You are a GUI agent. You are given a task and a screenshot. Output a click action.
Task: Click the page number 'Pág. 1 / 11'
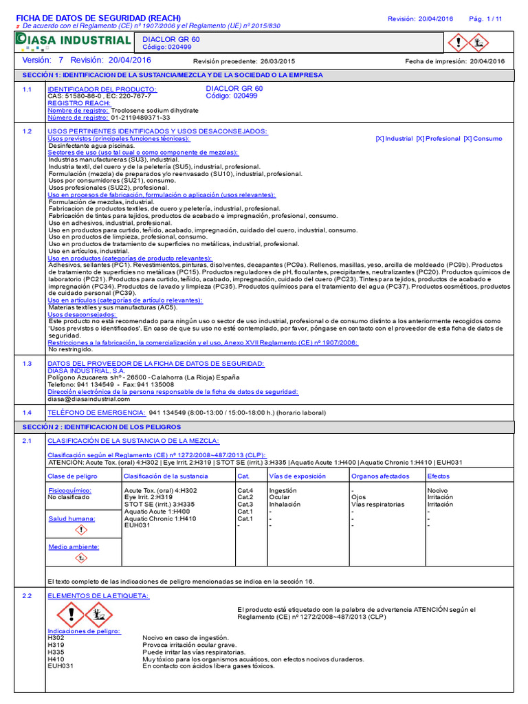point(485,19)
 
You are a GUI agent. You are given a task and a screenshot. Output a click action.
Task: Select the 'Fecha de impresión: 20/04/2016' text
point(454,61)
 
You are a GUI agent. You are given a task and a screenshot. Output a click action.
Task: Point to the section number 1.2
point(27,131)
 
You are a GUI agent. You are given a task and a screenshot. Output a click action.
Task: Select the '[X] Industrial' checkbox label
point(394,139)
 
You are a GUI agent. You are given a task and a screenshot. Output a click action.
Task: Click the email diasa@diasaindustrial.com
point(89,399)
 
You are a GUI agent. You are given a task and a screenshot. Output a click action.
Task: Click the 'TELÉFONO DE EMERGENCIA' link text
point(96,412)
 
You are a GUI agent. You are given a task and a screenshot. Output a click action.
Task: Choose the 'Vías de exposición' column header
point(296,476)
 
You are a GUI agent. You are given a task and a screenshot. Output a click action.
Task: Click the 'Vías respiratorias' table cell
point(377,504)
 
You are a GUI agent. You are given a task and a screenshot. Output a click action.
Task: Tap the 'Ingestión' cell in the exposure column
point(283,490)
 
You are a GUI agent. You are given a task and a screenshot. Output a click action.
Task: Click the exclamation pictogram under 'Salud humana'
point(80,530)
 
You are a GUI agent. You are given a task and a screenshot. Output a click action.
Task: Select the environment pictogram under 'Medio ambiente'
point(80,558)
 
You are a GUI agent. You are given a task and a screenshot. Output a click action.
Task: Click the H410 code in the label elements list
point(56,659)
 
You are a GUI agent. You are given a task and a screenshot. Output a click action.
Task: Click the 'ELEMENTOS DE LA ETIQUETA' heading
point(98,595)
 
